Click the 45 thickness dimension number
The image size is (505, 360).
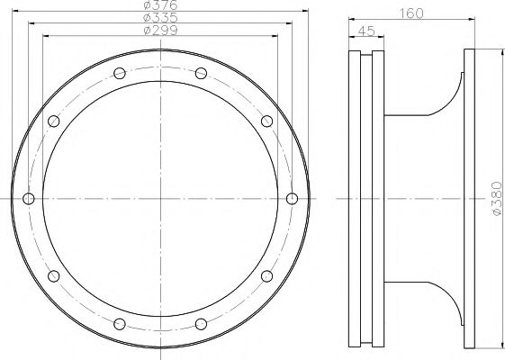click(366, 31)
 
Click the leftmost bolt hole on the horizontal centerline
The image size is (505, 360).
click(29, 198)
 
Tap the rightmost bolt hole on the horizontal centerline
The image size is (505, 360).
click(292, 198)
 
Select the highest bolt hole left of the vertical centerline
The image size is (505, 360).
click(120, 73)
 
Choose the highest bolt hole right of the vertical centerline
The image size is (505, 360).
click(202, 73)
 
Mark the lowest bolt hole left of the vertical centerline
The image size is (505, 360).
click(120, 322)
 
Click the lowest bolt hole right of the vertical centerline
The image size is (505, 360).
click(202, 322)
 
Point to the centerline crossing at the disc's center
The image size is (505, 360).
click(160, 198)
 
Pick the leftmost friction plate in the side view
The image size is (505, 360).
click(353, 198)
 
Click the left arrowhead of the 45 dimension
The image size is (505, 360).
click(350, 38)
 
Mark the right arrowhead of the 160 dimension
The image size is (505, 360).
click(472, 20)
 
